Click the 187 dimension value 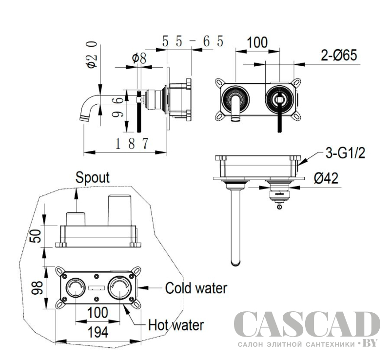[x=132, y=143]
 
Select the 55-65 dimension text [x=193, y=41]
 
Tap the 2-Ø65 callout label [x=339, y=55]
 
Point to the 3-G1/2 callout [x=345, y=153]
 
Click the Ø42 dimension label [x=326, y=178]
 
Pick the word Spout [x=93, y=178]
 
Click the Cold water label [x=196, y=288]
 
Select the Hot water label [x=176, y=325]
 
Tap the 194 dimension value [x=98, y=332]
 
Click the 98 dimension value [x=37, y=288]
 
